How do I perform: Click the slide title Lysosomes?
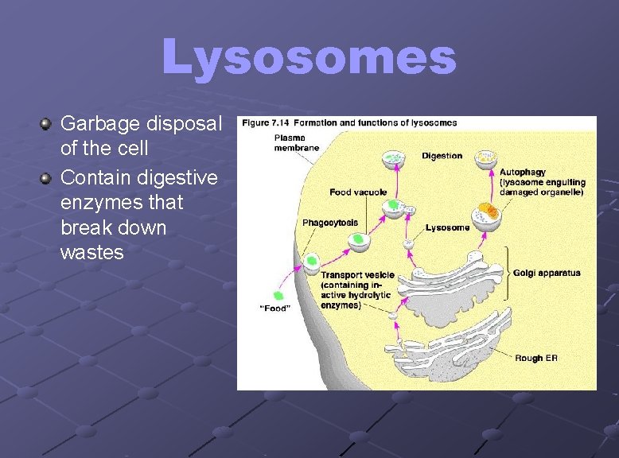pyautogui.click(x=309, y=57)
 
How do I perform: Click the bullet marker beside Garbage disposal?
pyautogui.click(x=47, y=124)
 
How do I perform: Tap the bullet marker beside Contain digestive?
pyautogui.click(x=47, y=177)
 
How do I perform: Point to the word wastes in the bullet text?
pyautogui.click(x=91, y=253)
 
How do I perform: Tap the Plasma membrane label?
pyautogui.click(x=296, y=142)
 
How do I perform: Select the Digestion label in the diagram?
pyautogui.click(x=442, y=156)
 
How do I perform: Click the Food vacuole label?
pyautogui.click(x=358, y=192)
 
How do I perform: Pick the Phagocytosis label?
pyautogui.click(x=329, y=223)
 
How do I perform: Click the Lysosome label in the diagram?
pyautogui.click(x=447, y=228)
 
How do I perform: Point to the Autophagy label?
pyautogui.click(x=523, y=173)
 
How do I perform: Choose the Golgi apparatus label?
pyautogui.click(x=547, y=274)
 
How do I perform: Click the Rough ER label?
pyautogui.click(x=535, y=359)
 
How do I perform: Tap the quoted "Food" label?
pyautogui.click(x=275, y=309)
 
